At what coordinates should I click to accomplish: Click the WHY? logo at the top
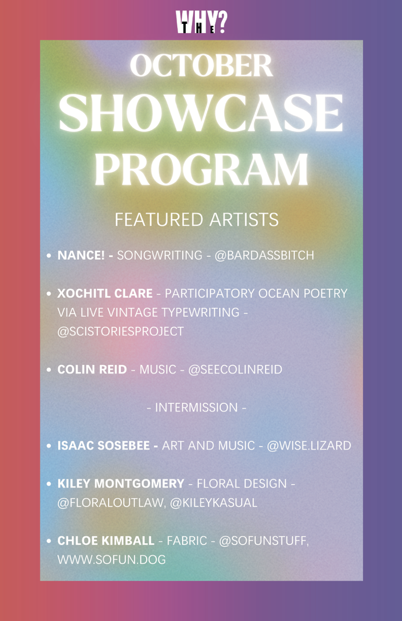click(x=202, y=22)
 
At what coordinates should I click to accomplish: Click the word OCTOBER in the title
click(x=202, y=66)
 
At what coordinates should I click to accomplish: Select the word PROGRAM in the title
click(x=202, y=170)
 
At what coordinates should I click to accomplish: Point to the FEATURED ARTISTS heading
click(x=196, y=220)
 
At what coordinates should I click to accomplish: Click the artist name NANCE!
click(x=81, y=255)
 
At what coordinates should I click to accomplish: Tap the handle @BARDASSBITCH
click(x=264, y=255)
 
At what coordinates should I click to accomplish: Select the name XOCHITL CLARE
click(x=105, y=294)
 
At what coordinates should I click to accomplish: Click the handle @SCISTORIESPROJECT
click(x=120, y=331)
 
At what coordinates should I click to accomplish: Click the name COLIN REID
click(x=92, y=370)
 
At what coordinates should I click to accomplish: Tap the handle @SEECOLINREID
click(x=235, y=370)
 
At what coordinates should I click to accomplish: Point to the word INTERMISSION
click(x=196, y=407)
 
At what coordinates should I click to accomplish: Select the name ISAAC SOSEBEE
click(x=104, y=446)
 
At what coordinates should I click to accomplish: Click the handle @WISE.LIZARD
click(x=309, y=446)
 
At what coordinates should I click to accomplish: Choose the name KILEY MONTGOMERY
click(x=121, y=484)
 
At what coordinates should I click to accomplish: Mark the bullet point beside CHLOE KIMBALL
click(x=49, y=541)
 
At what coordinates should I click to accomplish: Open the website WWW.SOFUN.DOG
click(x=112, y=560)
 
